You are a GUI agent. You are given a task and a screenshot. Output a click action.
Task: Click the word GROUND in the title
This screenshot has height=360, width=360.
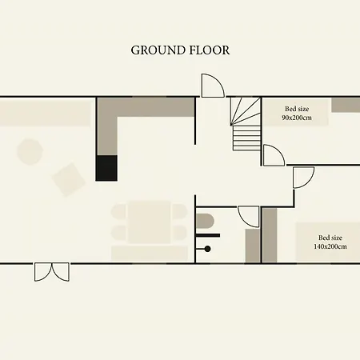tap(158, 50)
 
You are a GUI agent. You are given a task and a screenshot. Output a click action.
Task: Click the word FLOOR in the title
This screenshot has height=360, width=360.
tap(210, 50)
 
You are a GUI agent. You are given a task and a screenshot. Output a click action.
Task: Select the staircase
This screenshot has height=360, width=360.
tap(246, 124)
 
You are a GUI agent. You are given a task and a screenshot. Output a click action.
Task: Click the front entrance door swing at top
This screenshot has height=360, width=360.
tap(213, 86)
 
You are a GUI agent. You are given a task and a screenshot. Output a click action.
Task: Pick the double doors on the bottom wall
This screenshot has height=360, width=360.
tap(52, 272)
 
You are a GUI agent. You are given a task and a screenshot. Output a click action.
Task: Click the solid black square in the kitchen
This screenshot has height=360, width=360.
tap(106, 168)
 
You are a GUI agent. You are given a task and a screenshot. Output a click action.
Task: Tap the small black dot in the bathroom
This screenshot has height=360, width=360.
tap(207, 249)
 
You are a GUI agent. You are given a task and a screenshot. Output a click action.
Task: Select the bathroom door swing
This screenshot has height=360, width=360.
tap(248, 217)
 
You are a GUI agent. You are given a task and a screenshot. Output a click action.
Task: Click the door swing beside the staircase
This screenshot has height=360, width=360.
tap(274, 155)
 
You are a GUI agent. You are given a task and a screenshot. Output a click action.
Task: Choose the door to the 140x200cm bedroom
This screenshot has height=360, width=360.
tap(303, 178)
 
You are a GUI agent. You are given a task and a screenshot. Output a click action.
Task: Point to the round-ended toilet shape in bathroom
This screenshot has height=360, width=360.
tap(205, 221)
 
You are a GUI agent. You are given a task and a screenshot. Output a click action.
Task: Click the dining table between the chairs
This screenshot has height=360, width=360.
tap(150, 222)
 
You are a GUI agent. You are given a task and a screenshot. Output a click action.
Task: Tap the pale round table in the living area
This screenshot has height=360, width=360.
tap(30, 152)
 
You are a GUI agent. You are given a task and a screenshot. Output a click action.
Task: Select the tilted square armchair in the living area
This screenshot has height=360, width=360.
tap(69, 179)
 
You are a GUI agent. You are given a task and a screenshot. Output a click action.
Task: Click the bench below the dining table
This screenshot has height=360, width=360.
tap(150, 254)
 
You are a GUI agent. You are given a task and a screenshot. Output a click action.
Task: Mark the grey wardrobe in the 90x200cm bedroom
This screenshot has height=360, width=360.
tap(346, 105)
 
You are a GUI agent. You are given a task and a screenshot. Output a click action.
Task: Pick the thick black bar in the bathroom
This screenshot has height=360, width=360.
tap(208, 235)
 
